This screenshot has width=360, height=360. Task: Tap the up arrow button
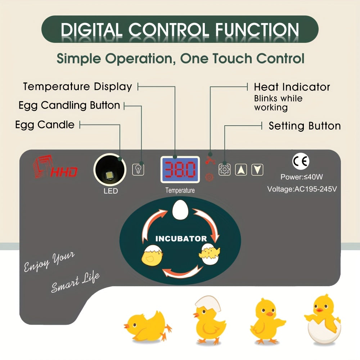[x=241, y=169]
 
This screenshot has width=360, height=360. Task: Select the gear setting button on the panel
[x=224, y=169]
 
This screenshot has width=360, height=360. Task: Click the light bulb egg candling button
[x=138, y=169]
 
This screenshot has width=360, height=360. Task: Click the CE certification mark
[x=301, y=162]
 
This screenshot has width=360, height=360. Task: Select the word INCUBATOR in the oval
[x=181, y=238]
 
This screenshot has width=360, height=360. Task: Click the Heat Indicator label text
[x=292, y=87]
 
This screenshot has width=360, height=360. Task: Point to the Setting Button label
[x=305, y=126]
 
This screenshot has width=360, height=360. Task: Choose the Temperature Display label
[x=77, y=87]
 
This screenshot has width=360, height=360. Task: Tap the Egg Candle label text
[x=45, y=125]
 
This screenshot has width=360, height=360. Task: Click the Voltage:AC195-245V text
[x=302, y=189]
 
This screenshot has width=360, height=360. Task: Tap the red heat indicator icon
[x=208, y=161]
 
